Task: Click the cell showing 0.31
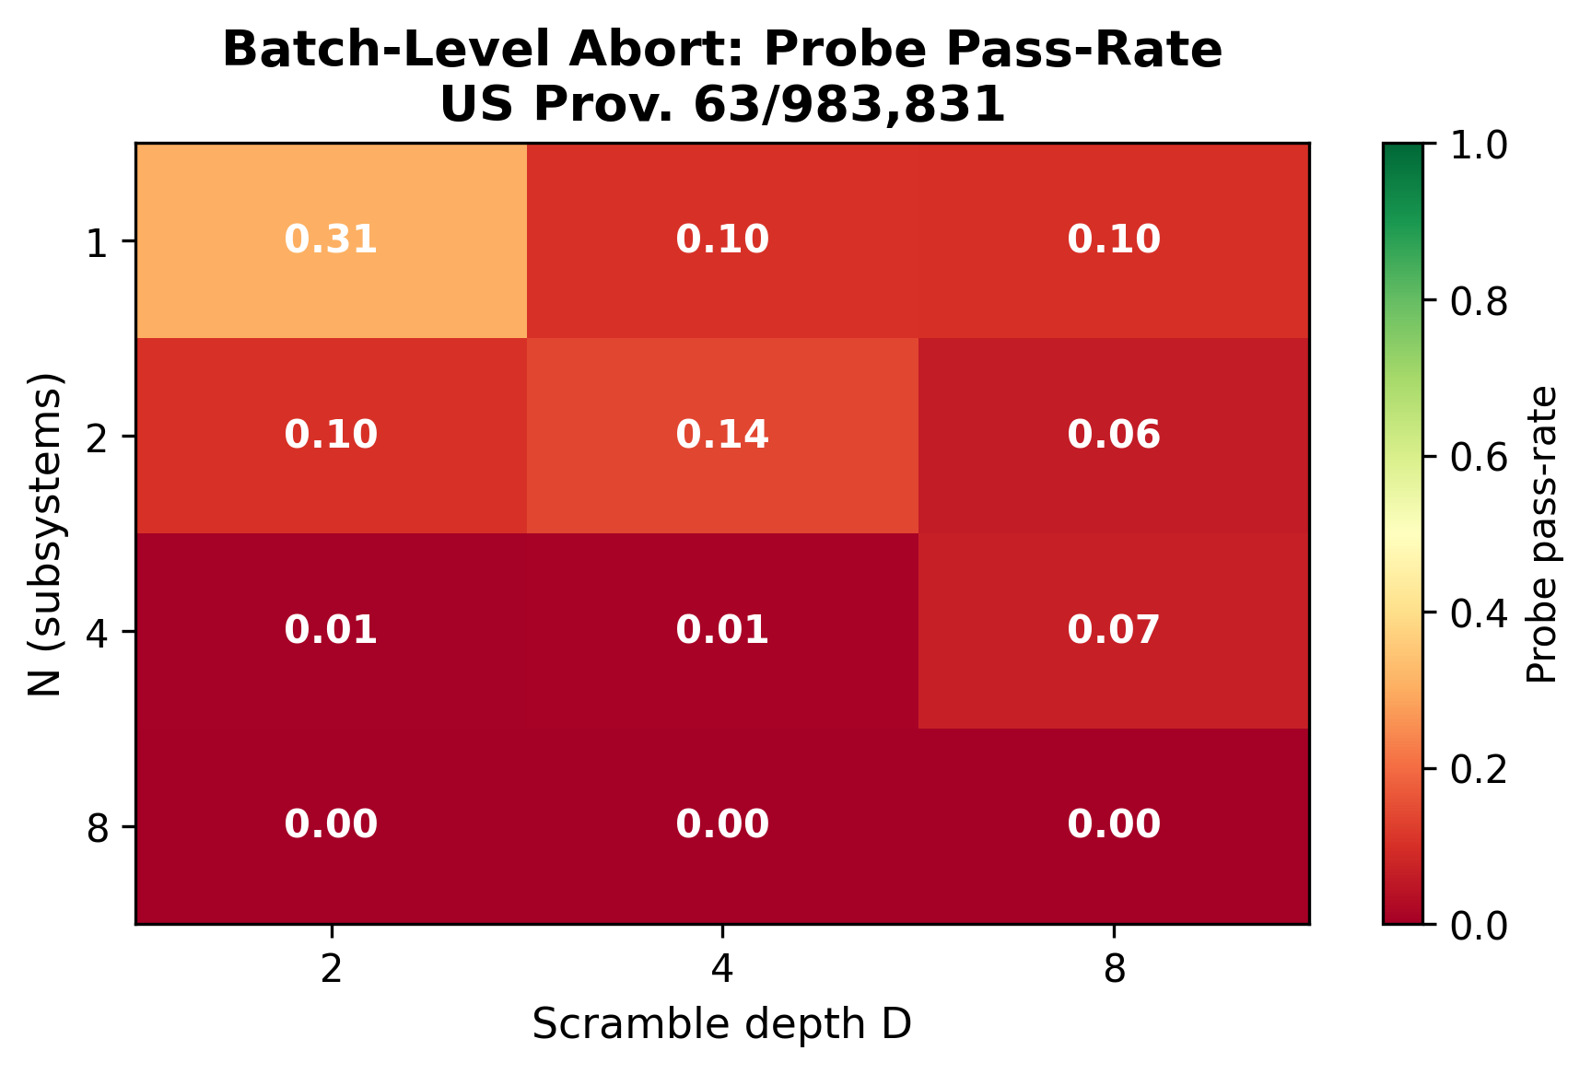(x=331, y=240)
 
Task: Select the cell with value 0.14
(x=722, y=435)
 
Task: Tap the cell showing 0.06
(x=1114, y=435)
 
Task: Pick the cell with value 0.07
(x=1114, y=630)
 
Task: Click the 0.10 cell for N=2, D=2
(x=331, y=435)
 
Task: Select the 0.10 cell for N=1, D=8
(x=1114, y=240)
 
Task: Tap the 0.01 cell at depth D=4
(x=722, y=630)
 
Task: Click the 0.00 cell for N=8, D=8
(x=1114, y=824)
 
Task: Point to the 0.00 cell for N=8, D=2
(x=331, y=824)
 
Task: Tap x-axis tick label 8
(x=1114, y=969)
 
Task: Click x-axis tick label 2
(x=331, y=969)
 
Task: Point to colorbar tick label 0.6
(x=1479, y=457)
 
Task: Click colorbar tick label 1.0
(x=1479, y=145)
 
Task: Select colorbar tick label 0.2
(x=1479, y=769)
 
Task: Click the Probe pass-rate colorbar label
(x=1541, y=534)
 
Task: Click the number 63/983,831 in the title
(x=848, y=105)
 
